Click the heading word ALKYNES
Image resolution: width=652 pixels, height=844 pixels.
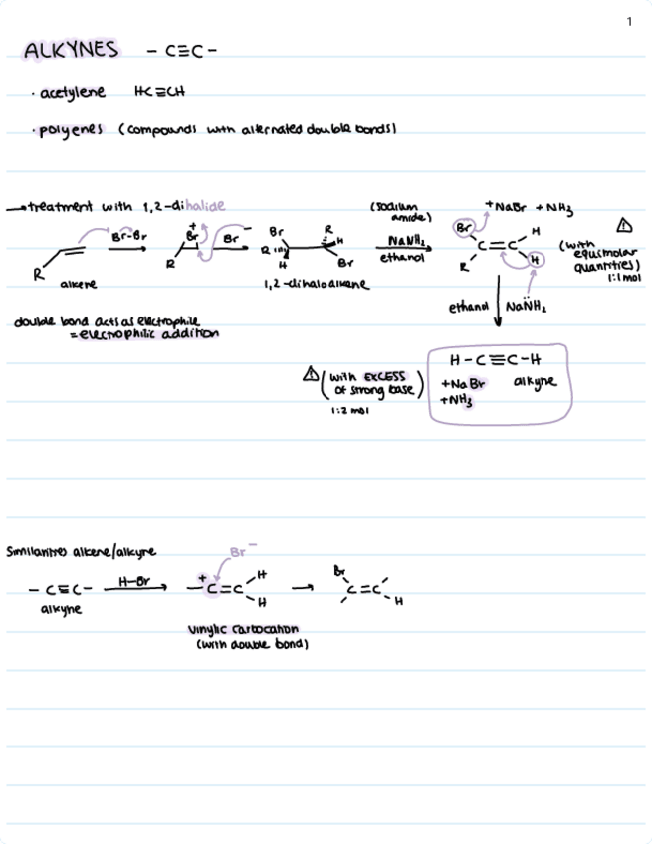click(x=71, y=50)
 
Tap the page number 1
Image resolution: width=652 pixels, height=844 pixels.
click(x=629, y=21)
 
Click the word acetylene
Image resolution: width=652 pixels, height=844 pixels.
click(x=74, y=93)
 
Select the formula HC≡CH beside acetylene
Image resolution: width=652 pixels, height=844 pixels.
click(x=158, y=93)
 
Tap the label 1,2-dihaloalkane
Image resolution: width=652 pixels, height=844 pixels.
click(x=303, y=284)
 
